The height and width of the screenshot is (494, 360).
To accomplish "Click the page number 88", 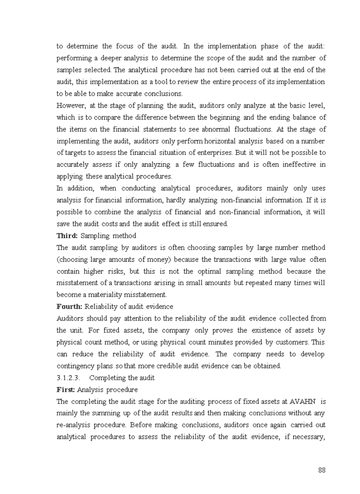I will pyautogui.click(x=321, y=470).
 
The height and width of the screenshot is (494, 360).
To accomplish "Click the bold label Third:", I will pyautogui.click(x=67, y=236).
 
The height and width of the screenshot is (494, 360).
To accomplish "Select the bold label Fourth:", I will pyautogui.click(x=69, y=307).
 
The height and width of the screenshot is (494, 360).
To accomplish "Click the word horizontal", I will pyautogui.click(x=219, y=141).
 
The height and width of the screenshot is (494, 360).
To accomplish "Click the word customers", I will pyautogui.click(x=290, y=342).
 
